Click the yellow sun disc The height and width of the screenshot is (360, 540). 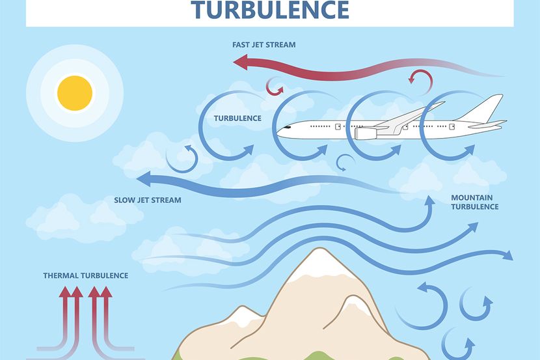click(75, 93)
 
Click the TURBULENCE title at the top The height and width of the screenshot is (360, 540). click(270, 10)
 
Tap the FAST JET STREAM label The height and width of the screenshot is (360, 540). click(263, 45)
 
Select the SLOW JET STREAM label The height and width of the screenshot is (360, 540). click(148, 200)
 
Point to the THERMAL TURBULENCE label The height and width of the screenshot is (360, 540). click(86, 275)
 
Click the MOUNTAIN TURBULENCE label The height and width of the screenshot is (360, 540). click(474, 202)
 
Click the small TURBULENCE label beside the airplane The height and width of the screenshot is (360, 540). click(237, 118)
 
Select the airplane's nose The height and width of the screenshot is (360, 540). click(280, 132)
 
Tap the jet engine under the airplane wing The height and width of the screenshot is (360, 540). click(366, 133)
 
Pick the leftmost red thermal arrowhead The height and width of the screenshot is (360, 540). click(66, 292)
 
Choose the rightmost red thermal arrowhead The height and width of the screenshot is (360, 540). click(106, 292)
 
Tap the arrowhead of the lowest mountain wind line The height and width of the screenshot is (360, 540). click(507, 255)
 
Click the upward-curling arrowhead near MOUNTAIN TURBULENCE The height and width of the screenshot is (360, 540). click(429, 201)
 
